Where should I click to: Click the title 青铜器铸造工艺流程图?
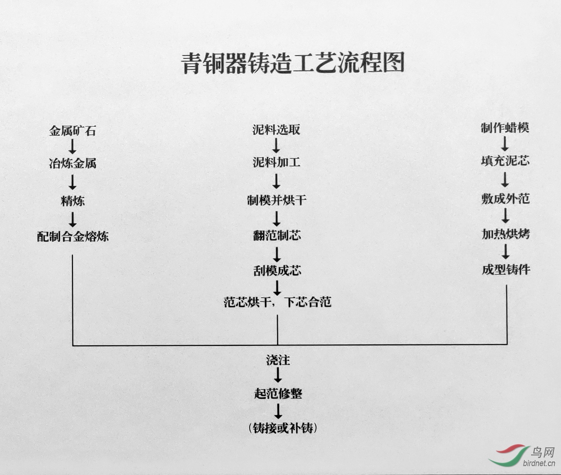(293, 63)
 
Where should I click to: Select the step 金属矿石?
(72, 131)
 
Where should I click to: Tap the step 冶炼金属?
(72, 163)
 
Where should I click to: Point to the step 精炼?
(72, 201)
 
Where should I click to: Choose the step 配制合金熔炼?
(73, 236)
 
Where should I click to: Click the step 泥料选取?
(276, 129)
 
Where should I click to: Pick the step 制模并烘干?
(277, 200)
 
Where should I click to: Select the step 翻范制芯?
(277, 235)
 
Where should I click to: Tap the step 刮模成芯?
(277, 270)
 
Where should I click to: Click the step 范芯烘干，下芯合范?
(277, 302)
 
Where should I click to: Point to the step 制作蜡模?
(505, 128)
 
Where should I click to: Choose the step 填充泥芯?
(505, 161)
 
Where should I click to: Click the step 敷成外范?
(505, 198)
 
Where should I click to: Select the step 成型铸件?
(506, 270)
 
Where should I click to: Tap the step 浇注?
(278, 360)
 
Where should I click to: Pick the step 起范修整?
(278, 393)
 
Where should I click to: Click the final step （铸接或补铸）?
(282, 428)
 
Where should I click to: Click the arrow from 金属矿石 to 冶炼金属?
(72, 147)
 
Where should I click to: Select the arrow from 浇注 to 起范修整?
(278, 375)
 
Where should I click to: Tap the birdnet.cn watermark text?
(539, 463)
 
